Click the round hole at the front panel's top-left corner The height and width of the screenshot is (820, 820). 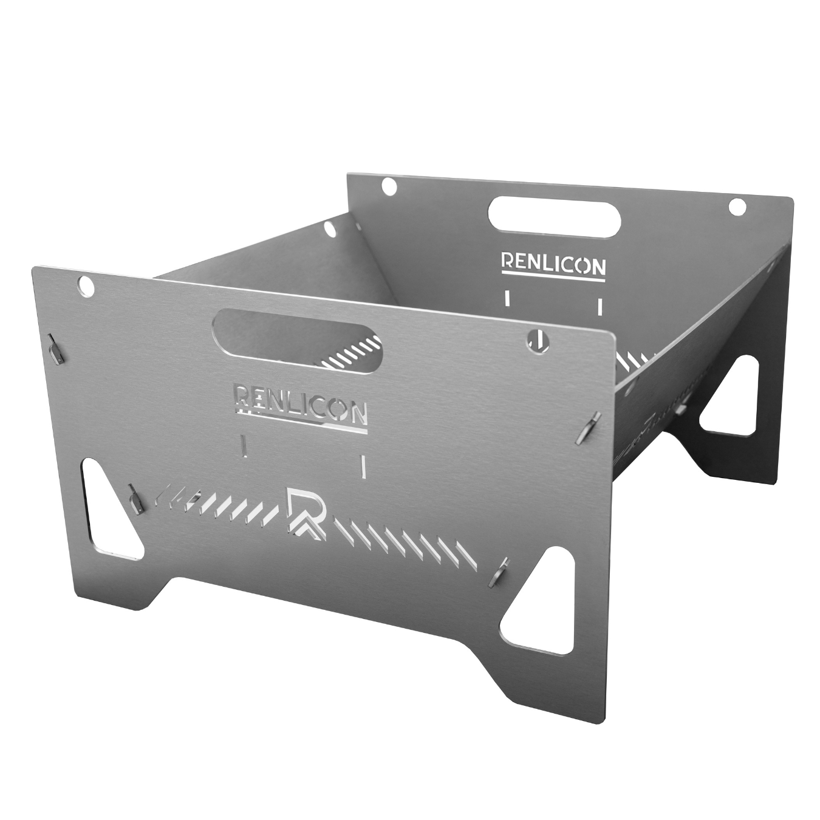point(86,285)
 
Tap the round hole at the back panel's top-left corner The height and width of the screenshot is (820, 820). point(389,185)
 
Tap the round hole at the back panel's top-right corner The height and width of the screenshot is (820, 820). point(737,207)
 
